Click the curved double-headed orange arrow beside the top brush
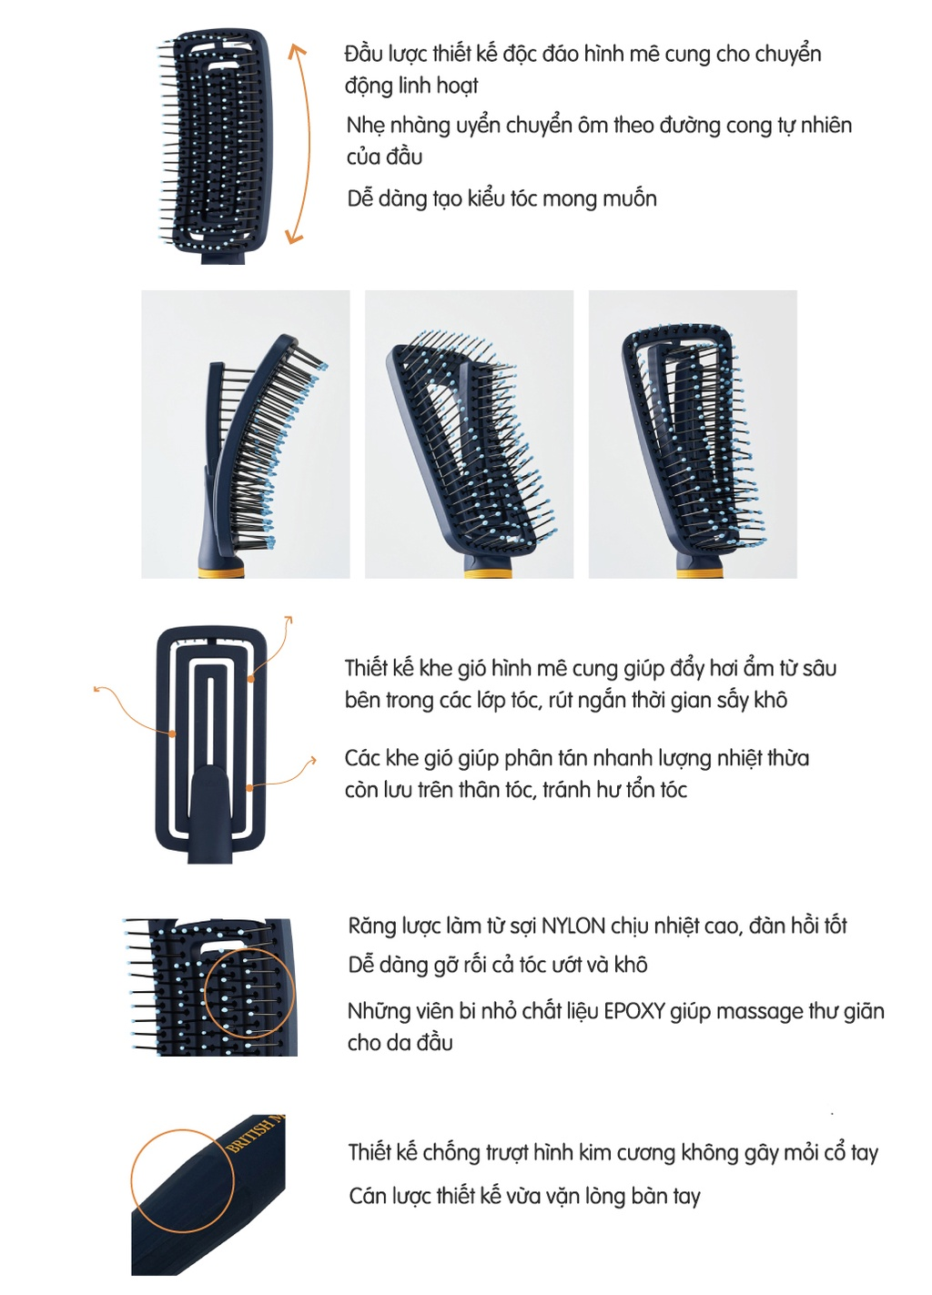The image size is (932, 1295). coord(309,144)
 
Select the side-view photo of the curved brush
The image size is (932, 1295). coord(245,434)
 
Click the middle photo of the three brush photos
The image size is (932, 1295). coord(469,434)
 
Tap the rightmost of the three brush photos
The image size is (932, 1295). coord(693,434)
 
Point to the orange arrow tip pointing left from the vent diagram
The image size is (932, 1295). coord(96,689)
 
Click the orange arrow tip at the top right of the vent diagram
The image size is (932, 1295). coord(289,620)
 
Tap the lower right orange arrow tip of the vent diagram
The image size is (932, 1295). coord(314,760)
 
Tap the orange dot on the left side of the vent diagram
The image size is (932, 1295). coord(172,733)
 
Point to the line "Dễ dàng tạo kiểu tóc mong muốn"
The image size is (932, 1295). coord(501,199)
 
